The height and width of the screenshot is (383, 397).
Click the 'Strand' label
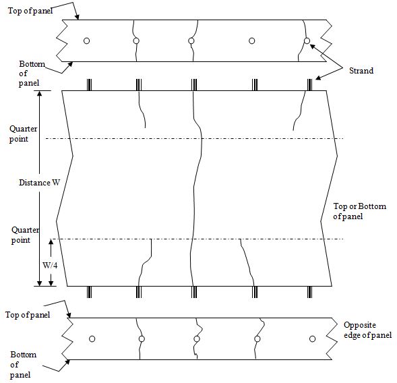(361, 71)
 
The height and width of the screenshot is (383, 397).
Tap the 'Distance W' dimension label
(40, 183)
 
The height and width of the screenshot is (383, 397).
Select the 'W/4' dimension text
(50, 265)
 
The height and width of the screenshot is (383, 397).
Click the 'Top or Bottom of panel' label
(359, 211)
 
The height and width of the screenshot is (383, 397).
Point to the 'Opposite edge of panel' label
(367, 330)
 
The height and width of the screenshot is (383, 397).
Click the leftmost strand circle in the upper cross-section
(86, 40)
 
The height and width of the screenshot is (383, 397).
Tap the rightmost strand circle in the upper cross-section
(307, 40)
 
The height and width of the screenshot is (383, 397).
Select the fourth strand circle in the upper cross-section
(251, 40)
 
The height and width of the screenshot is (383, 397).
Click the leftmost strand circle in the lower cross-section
(92, 339)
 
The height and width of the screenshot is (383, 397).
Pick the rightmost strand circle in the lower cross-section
(313, 339)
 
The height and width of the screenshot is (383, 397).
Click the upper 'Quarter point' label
(24, 134)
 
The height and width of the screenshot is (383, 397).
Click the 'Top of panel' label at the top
(30, 11)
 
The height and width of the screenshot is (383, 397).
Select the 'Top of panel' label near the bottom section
(28, 315)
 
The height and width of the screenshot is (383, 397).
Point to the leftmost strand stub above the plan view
(89, 84)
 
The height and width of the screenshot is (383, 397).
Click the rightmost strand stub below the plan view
(309, 292)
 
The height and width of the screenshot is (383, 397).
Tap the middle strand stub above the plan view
(194, 84)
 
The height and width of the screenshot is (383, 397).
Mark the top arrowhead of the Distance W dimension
(39, 93)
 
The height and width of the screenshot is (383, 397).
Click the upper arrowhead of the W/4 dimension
(51, 242)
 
